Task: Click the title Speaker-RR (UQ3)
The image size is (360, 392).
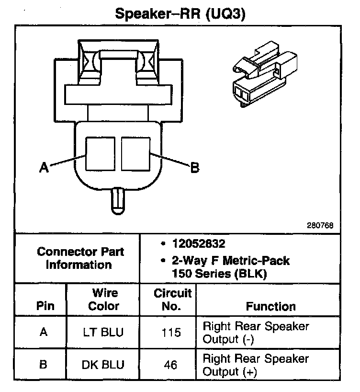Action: tap(180, 14)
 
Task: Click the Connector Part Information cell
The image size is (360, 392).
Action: tap(80, 258)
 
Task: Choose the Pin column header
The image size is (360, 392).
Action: tap(45, 306)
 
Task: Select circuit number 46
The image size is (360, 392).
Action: tap(170, 365)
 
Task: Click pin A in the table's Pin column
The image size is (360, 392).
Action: tap(44, 333)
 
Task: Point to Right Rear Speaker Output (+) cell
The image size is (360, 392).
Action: tap(256, 365)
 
